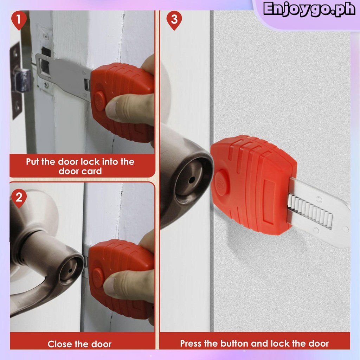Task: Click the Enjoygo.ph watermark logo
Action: click(309, 9)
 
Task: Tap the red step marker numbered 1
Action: click(19, 20)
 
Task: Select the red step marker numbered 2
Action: click(19, 198)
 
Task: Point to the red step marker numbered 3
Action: click(174, 20)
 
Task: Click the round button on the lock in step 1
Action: click(100, 101)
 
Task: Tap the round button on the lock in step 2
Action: click(98, 278)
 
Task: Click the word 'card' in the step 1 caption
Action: click(92, 171)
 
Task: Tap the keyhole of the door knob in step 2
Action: click(70, 270)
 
